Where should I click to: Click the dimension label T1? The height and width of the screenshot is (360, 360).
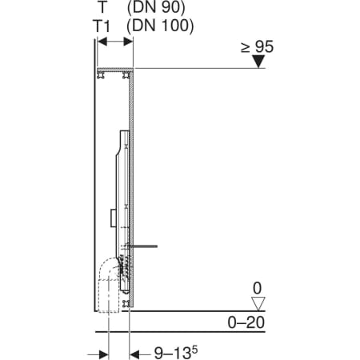tap(102, 26)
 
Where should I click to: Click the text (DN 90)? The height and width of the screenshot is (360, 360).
tap(156, 7)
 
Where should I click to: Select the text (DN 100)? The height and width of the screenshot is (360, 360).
tap(160, 26)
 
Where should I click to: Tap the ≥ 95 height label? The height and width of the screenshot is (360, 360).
tap(257, 46)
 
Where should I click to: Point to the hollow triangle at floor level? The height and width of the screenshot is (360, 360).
tap(258, 304)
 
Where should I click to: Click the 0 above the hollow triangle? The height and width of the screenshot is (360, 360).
tap(258, 288)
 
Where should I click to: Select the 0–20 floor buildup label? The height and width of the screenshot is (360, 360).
tap(246, 322)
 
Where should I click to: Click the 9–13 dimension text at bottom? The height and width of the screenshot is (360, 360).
tap(173, 354)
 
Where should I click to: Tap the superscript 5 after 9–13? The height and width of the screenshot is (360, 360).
tap(195, 350)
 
